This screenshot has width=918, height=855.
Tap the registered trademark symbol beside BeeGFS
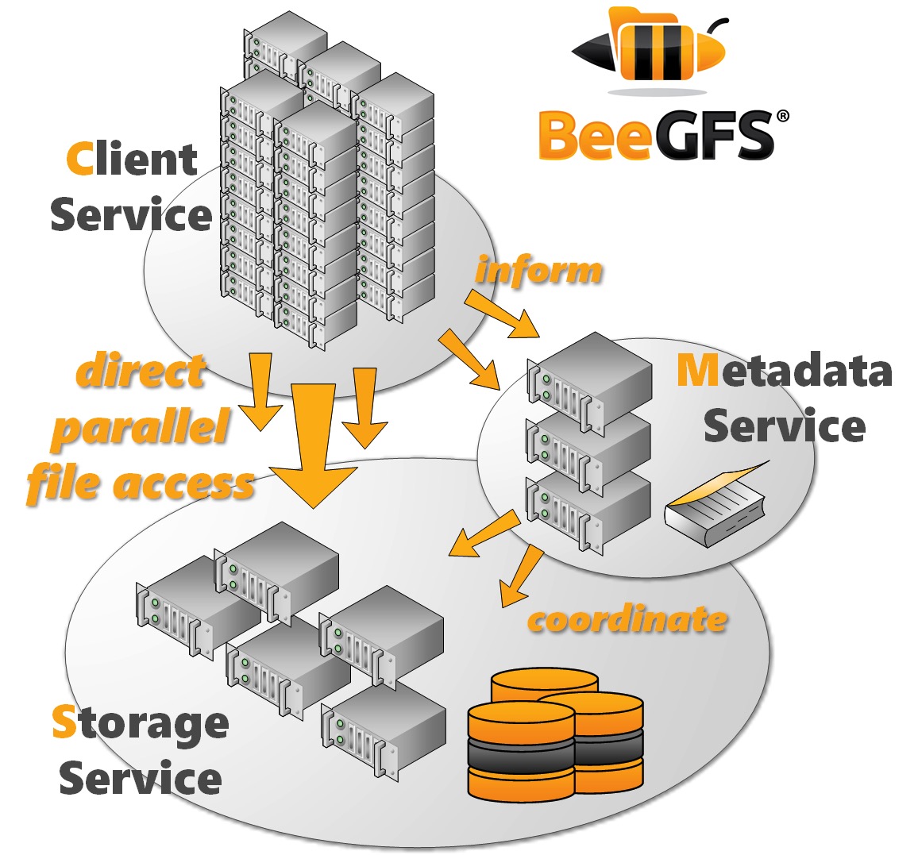[x=782, y=117]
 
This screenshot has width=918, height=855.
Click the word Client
[x=132, y=160]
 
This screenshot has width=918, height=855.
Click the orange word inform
[x=539, y=271]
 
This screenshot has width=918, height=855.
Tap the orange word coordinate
[x=627, y=619]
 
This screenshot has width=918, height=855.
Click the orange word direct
[x=141, y=372]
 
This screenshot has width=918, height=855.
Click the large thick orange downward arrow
[x=313, y=445]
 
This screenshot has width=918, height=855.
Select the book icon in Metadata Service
[x=717, y=505]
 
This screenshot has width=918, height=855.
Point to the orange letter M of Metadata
[x=696, y=371]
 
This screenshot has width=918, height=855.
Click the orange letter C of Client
[x=80, y=160]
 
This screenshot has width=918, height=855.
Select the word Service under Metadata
[x=785, y=427]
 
